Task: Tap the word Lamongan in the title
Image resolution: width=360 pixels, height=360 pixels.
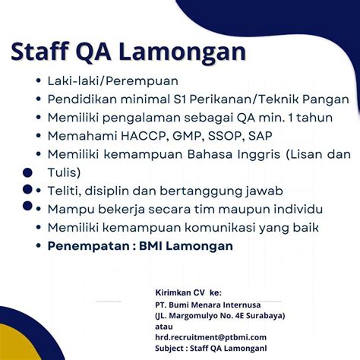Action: pos(191,52)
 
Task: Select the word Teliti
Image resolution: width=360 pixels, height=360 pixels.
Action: pos(64,191)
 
